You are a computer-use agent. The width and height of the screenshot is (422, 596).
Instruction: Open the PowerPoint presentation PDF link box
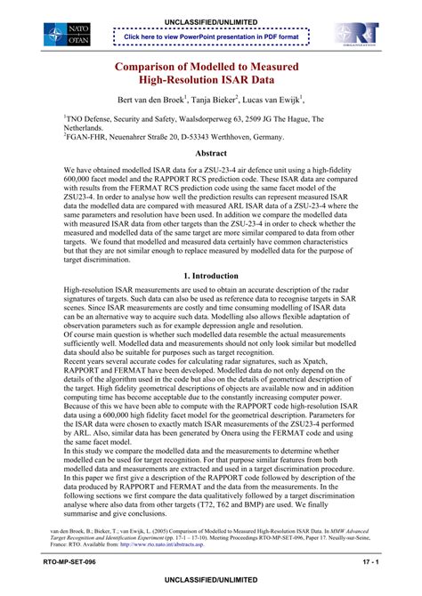tap(211, 36)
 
